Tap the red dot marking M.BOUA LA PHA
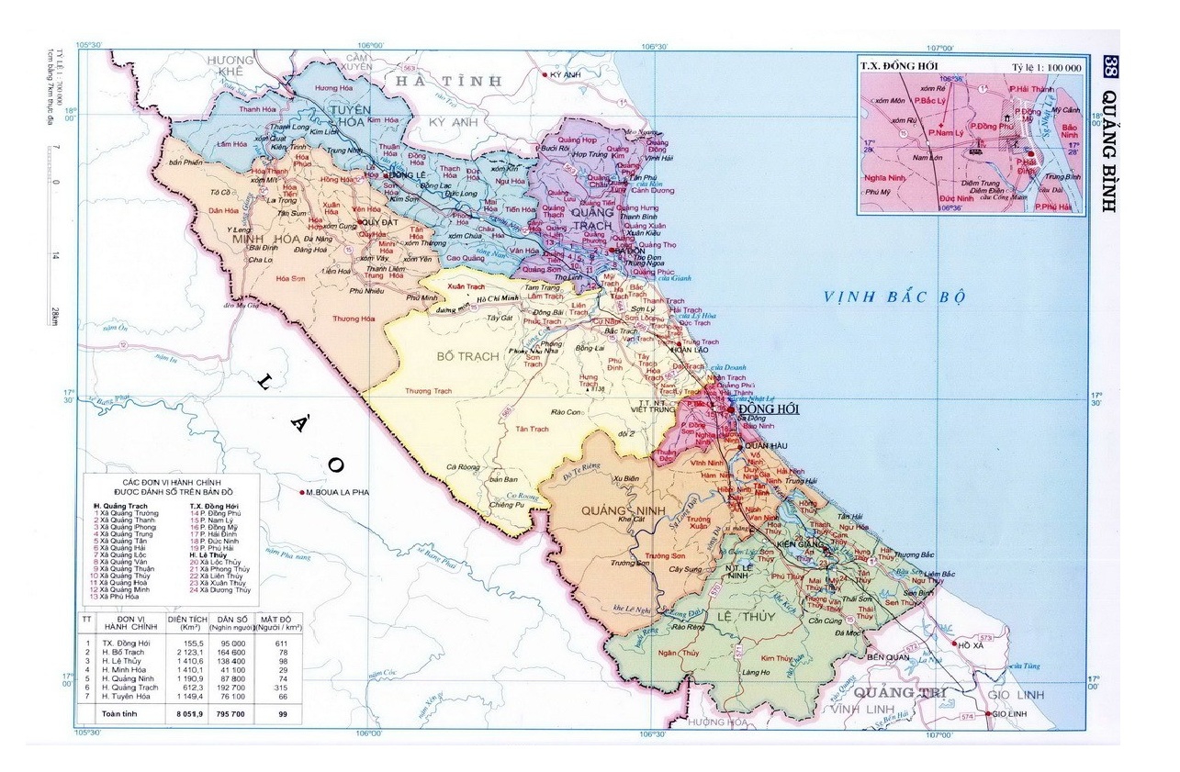302,493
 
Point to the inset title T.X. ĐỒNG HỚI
894,66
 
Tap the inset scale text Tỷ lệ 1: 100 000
1048,67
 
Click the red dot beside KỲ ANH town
546,74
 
